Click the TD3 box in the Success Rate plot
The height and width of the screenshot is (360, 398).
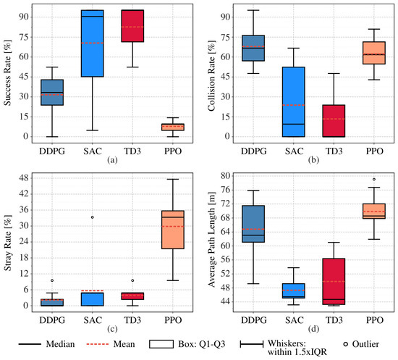(132, 26)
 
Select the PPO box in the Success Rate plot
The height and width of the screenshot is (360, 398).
(173, 127)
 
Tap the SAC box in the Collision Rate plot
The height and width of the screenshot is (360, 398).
(294, 102)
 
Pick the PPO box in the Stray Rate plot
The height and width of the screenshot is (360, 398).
(173, 230)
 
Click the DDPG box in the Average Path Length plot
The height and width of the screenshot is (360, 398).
(253, 224)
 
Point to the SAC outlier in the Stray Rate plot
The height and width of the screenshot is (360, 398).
(93, 217)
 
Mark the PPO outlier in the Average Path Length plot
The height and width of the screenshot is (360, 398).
(374, 180)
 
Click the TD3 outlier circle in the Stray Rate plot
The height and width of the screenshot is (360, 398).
(132, 280)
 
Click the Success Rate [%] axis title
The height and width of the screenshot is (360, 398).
(8, 72)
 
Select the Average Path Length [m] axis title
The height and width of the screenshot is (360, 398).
(212, 240)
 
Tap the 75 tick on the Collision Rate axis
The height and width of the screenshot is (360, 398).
(225, 37)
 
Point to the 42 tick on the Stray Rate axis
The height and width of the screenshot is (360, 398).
(24, 194)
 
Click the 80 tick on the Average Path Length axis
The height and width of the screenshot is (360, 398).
(225, 176)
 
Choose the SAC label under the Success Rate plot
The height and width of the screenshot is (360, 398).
(93, 151)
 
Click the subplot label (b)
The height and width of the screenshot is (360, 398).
(313, 160)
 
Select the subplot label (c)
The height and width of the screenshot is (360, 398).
(112, 329)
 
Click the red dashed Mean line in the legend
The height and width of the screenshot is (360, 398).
(98, 344)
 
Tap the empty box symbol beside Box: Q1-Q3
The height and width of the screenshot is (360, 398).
(161, 344)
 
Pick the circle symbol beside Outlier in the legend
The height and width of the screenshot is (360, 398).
(345, 344)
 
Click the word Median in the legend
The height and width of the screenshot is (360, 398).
(60, 344)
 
